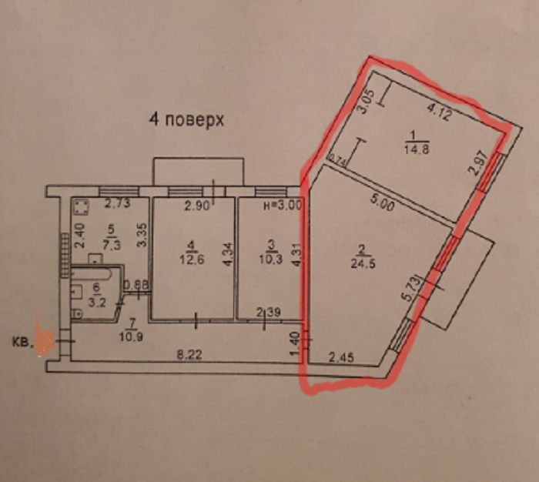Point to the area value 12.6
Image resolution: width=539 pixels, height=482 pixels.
pyautogui.click(x=192, y=258)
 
